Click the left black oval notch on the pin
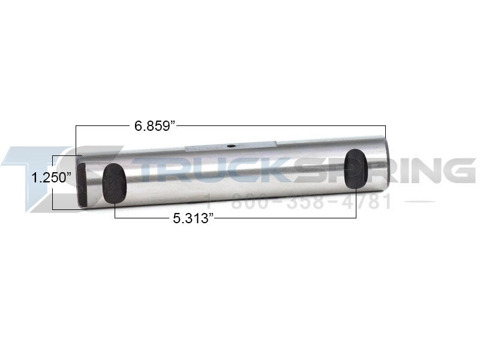tap(114, 183)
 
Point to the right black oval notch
tap(356, 169)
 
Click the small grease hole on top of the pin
tap(230, 145)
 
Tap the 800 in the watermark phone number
tap(244, 202)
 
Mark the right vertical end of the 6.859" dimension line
tap(385, 132)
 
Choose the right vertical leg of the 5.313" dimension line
tap(356, 204)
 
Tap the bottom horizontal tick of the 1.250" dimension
tap(67, 209)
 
